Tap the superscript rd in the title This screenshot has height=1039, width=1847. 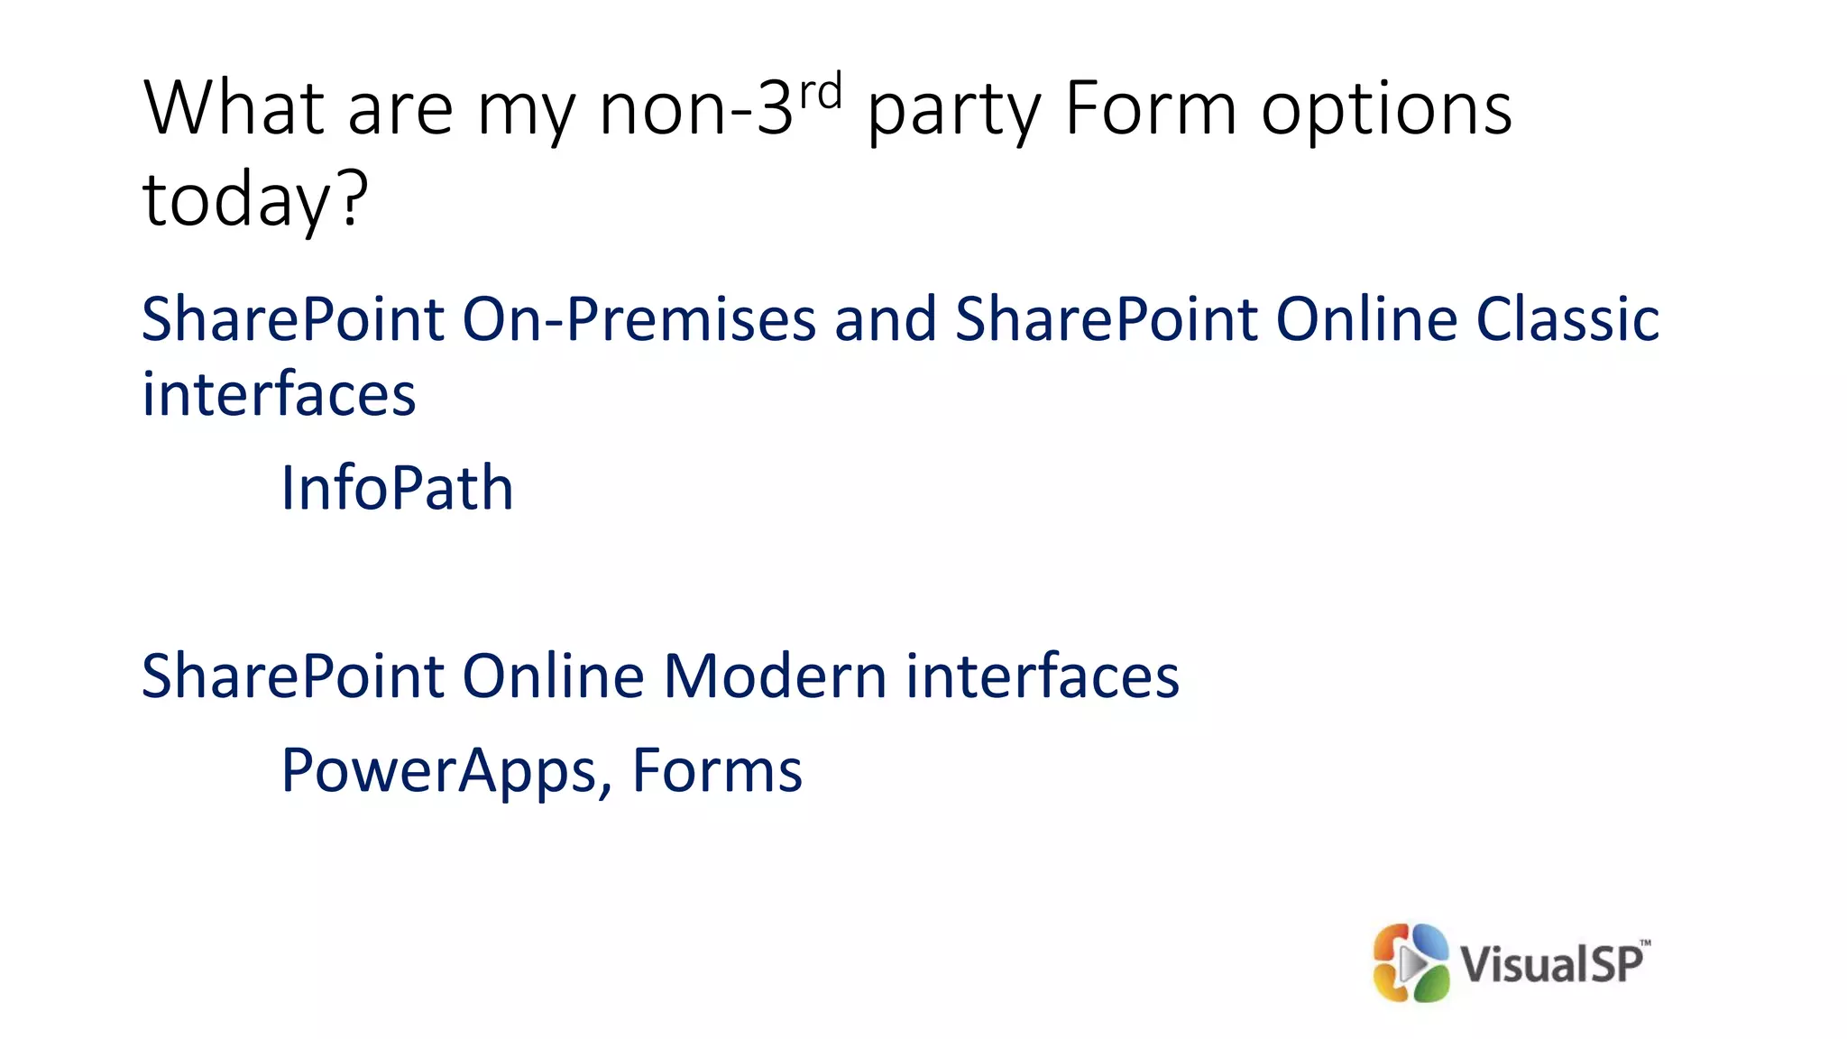click(x=821, y=90)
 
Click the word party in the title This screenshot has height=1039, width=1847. click(x=953, y=113)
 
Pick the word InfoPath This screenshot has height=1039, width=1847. click(x=397, y=488)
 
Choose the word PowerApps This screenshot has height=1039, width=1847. click(x=439, y=771)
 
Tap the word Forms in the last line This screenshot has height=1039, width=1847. click(x=717, y=771)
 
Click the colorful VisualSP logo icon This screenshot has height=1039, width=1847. click(x=1411, y=962)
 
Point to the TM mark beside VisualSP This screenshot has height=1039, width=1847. click(x=1645, y=943)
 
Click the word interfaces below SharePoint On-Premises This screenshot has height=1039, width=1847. click(x=279, y=394)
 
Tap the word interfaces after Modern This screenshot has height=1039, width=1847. click(x=1043, y=676)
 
